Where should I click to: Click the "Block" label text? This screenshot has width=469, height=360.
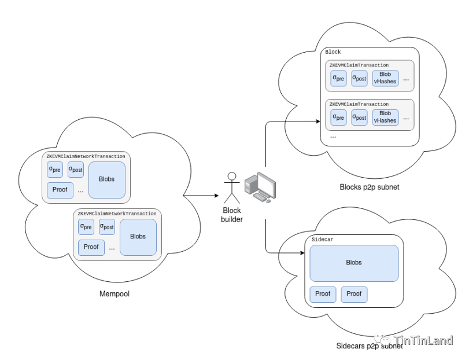(x=333, y=52)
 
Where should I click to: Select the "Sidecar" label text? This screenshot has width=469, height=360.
(x=323, y=240)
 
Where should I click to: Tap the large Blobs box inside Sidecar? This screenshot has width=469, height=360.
(x=354, y=263)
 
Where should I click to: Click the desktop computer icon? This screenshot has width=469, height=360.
(x=260, y=187)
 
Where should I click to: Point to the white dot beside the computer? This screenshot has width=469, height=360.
(x=232, y=176)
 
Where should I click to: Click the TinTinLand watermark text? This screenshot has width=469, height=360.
(x=423, y=340)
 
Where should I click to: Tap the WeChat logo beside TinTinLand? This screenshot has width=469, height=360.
(x=382, y=340)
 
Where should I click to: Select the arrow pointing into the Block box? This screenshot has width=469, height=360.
(x=303, y=122)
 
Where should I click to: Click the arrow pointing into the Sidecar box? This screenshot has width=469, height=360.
(x=291, y=254)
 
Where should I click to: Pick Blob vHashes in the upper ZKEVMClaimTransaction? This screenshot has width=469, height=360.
(x=385, y=78)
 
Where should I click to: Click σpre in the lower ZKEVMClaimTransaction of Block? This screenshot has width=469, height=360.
(x=338, y=117)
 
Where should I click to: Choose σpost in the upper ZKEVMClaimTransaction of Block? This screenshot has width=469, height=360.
(x=359, y=78)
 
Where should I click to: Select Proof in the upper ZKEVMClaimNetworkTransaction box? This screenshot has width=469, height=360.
(x=60, y=190)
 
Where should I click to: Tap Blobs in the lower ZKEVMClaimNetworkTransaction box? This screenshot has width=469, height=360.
(x=138, y=237)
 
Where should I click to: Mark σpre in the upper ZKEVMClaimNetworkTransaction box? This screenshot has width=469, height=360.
(x=55, y=170)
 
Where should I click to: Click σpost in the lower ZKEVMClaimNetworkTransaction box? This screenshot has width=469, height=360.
(x=107, y=227)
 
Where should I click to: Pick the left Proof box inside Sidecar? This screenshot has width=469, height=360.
(x=323, y=294)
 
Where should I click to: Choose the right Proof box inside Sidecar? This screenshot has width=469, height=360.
(x=354, y=294)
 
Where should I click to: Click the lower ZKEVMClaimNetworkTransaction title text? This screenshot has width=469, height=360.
(x=117, y=214)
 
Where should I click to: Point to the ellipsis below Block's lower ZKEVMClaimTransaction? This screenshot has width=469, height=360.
(x=333, y=137)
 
